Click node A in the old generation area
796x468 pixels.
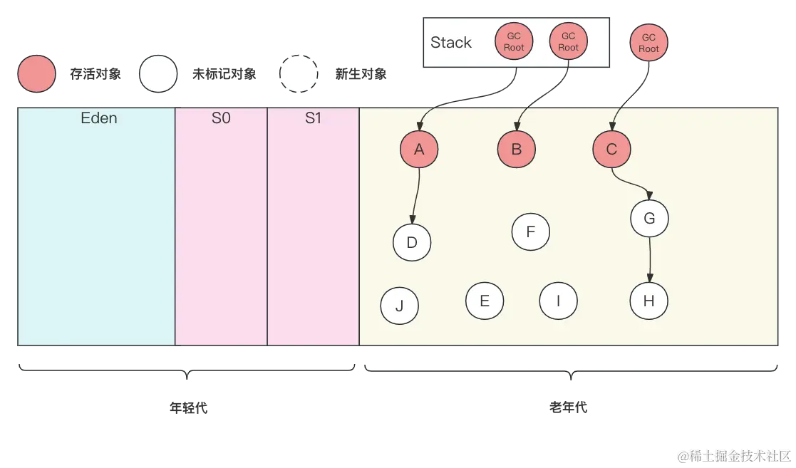[x=419, y=149]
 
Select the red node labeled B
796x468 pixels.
[x=517, y=149]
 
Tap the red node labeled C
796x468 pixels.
[x=611, y=149]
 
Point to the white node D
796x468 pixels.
[x=412, y=242]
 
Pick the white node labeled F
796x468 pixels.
[x=531, y=232]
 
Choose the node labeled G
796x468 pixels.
[x=649, y=219]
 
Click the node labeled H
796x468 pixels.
[x=648, y=301]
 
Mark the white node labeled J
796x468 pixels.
[x=399, y=306]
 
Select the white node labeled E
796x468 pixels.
[x=485, y=301]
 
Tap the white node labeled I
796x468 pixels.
[x=558, y=301]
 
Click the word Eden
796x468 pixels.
[x=99, y=118]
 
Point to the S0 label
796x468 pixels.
[x=221, y=118]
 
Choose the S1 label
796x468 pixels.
[x=313, y=118]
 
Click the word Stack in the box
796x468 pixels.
[x=451, y=43]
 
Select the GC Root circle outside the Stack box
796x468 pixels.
[x=648, y=43]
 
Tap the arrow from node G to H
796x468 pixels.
[x=649, y=259]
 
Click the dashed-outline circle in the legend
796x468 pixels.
[x=299, y=73]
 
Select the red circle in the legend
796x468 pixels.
[x=37, y=73]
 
